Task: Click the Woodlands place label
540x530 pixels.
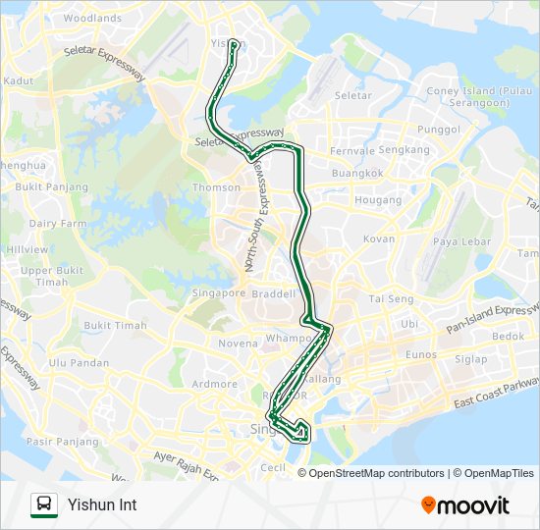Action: click(92, 18)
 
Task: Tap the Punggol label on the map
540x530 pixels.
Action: click(439, 129)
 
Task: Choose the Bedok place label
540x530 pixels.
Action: click(509, 336)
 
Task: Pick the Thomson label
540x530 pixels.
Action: click(217, 187)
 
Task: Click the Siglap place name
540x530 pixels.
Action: click(470, 359)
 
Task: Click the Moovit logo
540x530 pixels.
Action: click(465, 505)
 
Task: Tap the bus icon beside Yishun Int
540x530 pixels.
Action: click(43, 504)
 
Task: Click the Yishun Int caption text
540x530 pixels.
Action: click(102, 505)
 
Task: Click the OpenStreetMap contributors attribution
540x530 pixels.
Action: click(376, 473)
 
